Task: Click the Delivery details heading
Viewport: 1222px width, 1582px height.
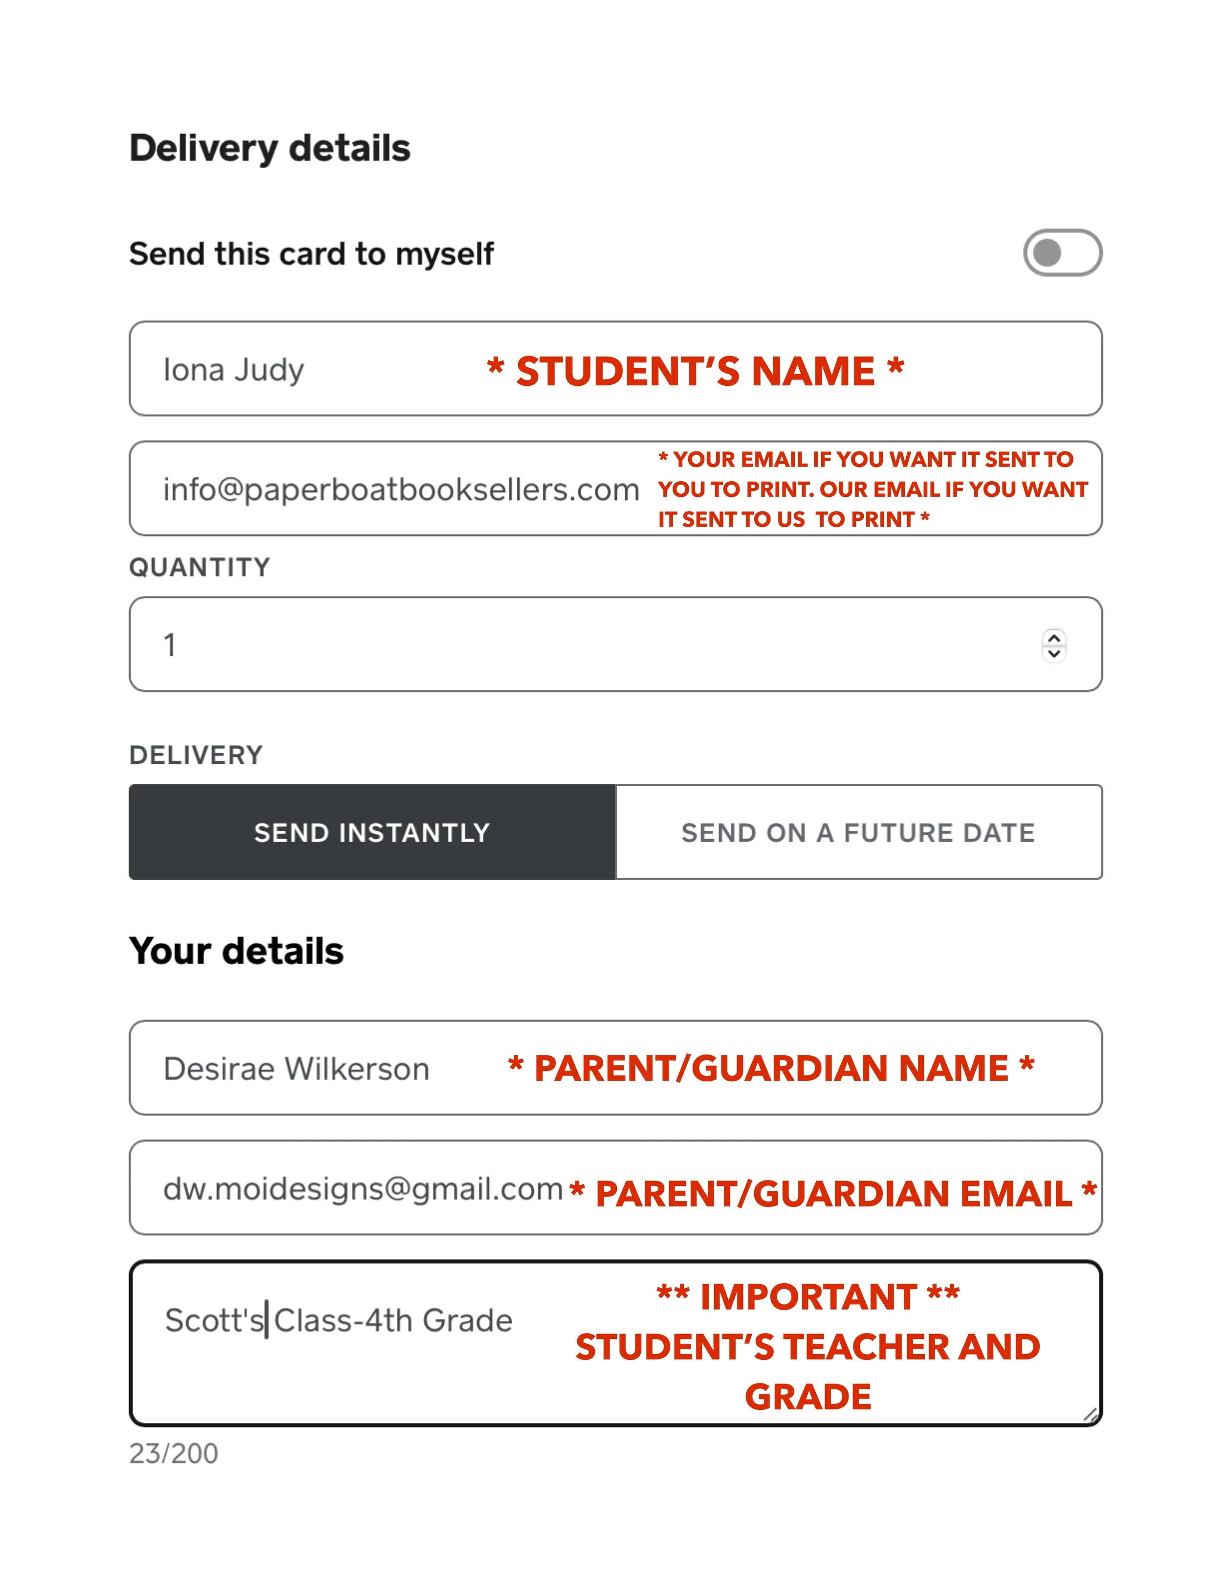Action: click(269, 149)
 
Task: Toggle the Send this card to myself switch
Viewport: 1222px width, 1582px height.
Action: click(1062, 253)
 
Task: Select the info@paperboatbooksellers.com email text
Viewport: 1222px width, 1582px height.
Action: click(401, 490)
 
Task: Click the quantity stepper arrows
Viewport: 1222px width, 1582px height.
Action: click(1054, 645)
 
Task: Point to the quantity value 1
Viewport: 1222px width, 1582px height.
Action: click(170, 645)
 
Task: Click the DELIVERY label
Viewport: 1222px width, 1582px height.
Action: click(196, 756)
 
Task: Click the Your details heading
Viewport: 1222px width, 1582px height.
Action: click(236, 951)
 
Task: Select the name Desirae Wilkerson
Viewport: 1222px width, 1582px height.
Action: click(296, 1069)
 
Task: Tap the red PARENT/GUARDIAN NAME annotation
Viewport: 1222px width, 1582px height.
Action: click(771, 1069)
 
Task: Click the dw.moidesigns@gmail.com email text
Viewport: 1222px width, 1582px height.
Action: click(363, 1189)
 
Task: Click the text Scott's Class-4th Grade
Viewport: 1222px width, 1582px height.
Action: click(338, 1320)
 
